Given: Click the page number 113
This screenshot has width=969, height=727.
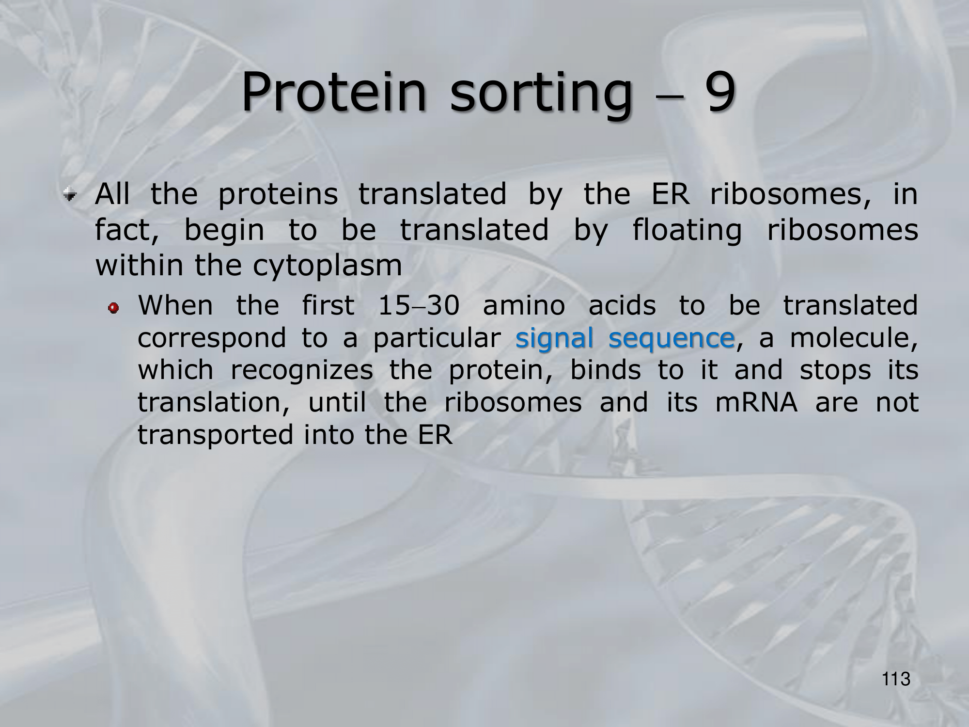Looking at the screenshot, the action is (896, 679).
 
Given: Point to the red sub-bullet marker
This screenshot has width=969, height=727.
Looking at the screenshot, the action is (114, 308).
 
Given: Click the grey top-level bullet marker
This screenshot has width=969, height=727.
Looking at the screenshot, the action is (71, 196).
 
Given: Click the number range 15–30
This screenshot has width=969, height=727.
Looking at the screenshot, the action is (419, 306).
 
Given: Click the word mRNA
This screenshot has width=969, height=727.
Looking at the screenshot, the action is (756, 403).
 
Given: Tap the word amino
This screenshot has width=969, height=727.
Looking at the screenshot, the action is (524, 306).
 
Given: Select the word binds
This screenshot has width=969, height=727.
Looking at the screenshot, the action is (606, 370).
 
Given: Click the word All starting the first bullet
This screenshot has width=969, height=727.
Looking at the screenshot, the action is (112, 194).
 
